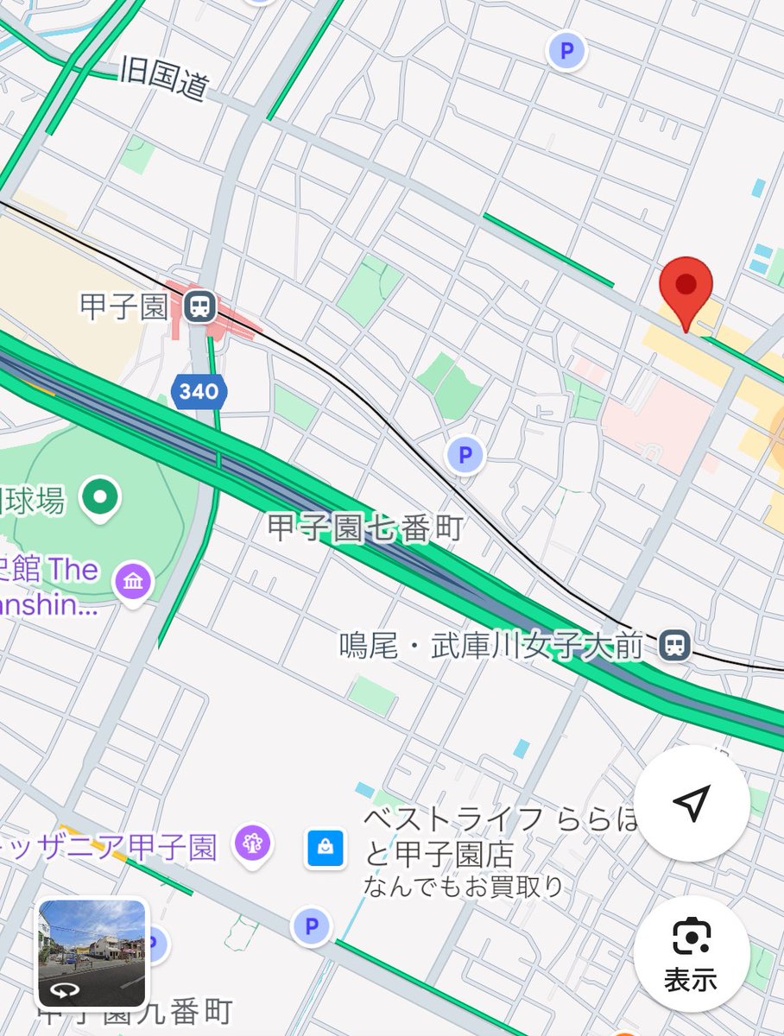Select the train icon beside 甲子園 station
click(x=200, y=305)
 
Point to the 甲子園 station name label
click(x=123, y=306)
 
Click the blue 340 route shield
click(x=199, y=392)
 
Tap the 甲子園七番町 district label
click(x=366, y=528)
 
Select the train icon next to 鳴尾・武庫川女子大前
click(x=673, y=645)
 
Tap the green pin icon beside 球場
click(x=101, y=496)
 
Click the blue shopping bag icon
click(x=326, y=848)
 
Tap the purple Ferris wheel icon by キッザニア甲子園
click(x=252, y=843)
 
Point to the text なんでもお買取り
click(x=464, y=887)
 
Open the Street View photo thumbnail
click(x=92, y=953)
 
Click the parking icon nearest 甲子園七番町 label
click(x=465, y=453)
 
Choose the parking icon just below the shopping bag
click(x=311, y=927)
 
